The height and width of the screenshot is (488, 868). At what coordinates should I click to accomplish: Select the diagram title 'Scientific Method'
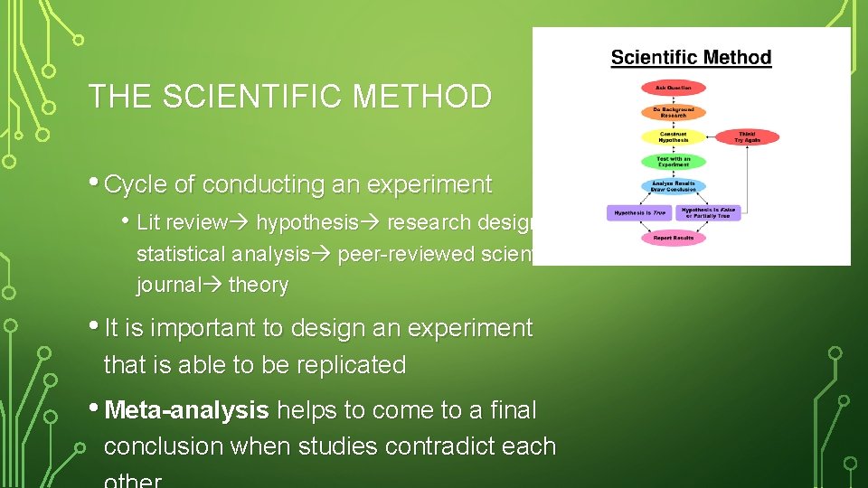691,58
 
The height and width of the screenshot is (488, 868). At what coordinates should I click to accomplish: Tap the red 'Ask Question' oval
674,89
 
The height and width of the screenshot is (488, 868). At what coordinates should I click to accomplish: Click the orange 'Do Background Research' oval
674,113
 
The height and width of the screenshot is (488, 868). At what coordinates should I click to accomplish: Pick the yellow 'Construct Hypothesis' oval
674,137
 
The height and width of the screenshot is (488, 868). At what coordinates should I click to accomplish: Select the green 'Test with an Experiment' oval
674,162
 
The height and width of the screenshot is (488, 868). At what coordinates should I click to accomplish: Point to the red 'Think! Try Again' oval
746,137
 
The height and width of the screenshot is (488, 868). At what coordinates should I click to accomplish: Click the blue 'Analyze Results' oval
674,186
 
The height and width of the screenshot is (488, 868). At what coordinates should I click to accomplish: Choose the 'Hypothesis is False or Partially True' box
710,213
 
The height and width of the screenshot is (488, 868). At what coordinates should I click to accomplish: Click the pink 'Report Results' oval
674,239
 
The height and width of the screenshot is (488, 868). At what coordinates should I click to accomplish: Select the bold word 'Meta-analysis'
187,410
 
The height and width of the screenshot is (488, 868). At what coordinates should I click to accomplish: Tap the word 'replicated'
353,365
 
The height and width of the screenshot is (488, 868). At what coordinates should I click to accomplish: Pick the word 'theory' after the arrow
259,286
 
